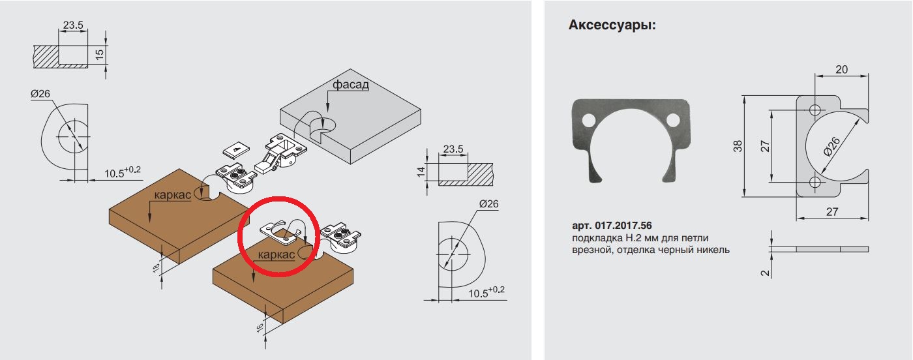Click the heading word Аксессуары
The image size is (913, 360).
point(612,25)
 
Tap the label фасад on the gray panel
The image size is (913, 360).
point(351,84)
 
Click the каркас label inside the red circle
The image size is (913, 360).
point(276,255)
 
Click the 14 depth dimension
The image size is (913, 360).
point(421,172)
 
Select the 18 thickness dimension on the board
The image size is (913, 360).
point(156,268)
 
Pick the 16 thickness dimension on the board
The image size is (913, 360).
point(260,327)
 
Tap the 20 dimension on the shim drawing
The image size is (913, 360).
point(841,70)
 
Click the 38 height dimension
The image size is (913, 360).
point(738,146)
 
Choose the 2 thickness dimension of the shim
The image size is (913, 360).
point(766,273)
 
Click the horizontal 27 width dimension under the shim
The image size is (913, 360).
point(832,211)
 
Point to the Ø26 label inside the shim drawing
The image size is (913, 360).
point(831,147)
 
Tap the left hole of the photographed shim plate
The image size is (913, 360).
point(589,121)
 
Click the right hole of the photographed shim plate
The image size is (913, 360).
point(673,120)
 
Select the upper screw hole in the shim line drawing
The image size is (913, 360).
point(815,110)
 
